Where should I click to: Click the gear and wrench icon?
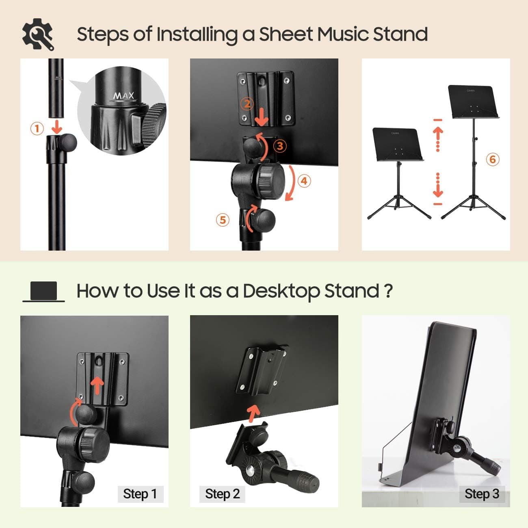click(38, 34)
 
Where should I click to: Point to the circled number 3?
click(280, 145)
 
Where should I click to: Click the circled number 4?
click(304, 181)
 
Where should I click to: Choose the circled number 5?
click(223, 220)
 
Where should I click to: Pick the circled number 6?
click(493, 159)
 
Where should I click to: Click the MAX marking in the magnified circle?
click(123, 96)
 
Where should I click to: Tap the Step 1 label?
click(140, 494)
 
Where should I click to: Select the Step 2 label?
click(222, 494)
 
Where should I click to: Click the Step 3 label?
click(482, 494)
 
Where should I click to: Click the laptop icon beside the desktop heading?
click(43, 292)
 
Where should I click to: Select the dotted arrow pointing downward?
click(438, 186)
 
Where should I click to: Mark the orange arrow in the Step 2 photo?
click(253, 413)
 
